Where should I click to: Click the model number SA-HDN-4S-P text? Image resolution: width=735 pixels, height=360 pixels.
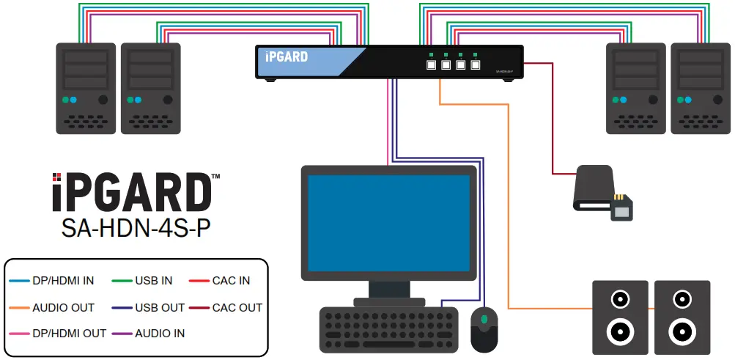click(x=136, y=229)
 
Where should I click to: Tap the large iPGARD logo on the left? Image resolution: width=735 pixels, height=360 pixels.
click(x=132, y=193)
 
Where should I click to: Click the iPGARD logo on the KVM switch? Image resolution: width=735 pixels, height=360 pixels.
click(x=287, y=57)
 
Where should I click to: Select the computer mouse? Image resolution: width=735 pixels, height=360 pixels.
click(x=484, y=328)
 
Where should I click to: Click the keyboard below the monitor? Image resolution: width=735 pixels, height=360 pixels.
click(x=388, y=330)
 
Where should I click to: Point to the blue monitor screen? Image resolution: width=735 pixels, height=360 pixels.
click(x=388, y=224)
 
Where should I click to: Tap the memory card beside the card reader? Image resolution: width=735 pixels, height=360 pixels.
click(x=621, y=209)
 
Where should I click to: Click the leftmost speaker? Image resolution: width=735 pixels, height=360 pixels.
click(x=620, y=317)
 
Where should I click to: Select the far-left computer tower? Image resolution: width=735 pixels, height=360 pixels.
click(x=86, y=88)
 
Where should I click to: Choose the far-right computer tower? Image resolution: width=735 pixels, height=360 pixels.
click(x=700, y=88)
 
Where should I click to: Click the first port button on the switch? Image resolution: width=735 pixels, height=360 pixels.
click(x=431, y=65)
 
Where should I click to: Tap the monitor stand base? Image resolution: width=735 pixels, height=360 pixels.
click(x=389, y=301)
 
